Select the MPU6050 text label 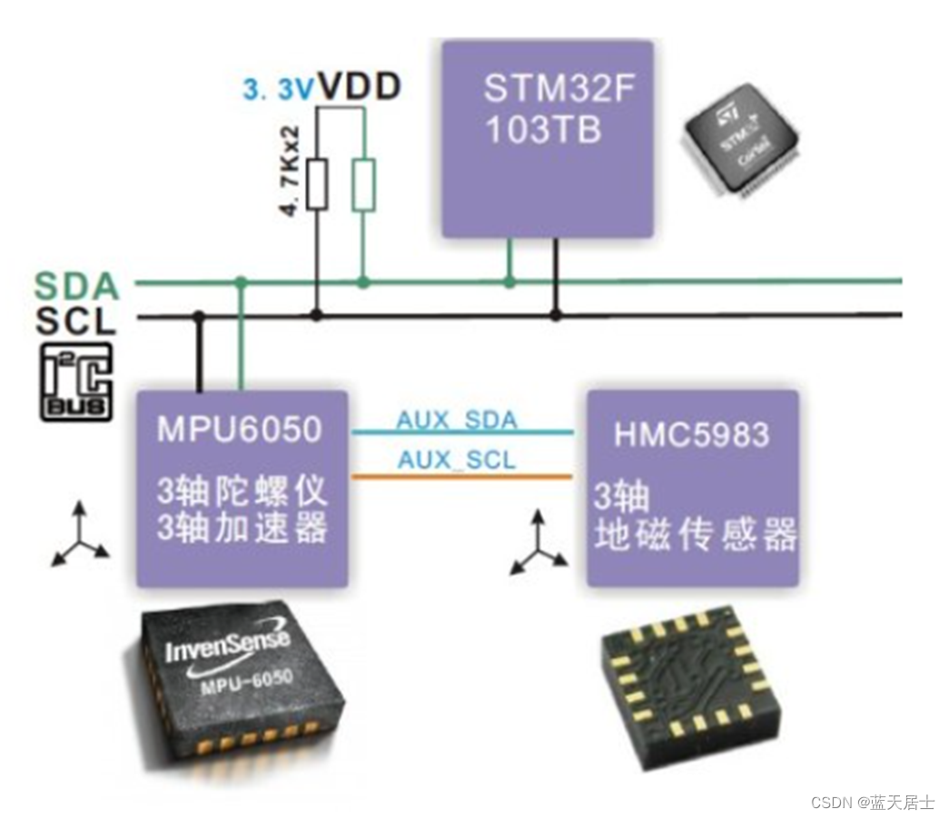click(240, 429)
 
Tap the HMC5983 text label click(692, 434)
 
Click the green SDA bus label click(78, 287)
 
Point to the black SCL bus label click(76, 321)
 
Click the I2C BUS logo click(76, 381)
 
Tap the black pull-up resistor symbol click(317, 185)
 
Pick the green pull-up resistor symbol click(363, 185)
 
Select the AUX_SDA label click(456, 419)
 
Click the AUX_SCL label click(456, 460)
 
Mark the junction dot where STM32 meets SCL click(556, 315)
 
